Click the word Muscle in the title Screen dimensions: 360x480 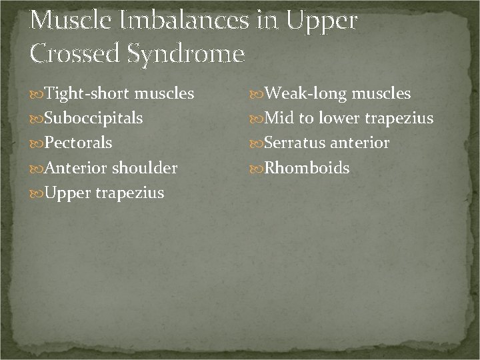point(71,21)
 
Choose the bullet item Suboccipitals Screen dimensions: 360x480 point(93,119)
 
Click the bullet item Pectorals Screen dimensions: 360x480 point(78,143)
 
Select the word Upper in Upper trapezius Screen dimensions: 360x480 point(65,193)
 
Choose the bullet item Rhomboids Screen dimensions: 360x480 point(307,168)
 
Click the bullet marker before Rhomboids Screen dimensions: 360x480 point(258,168)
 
